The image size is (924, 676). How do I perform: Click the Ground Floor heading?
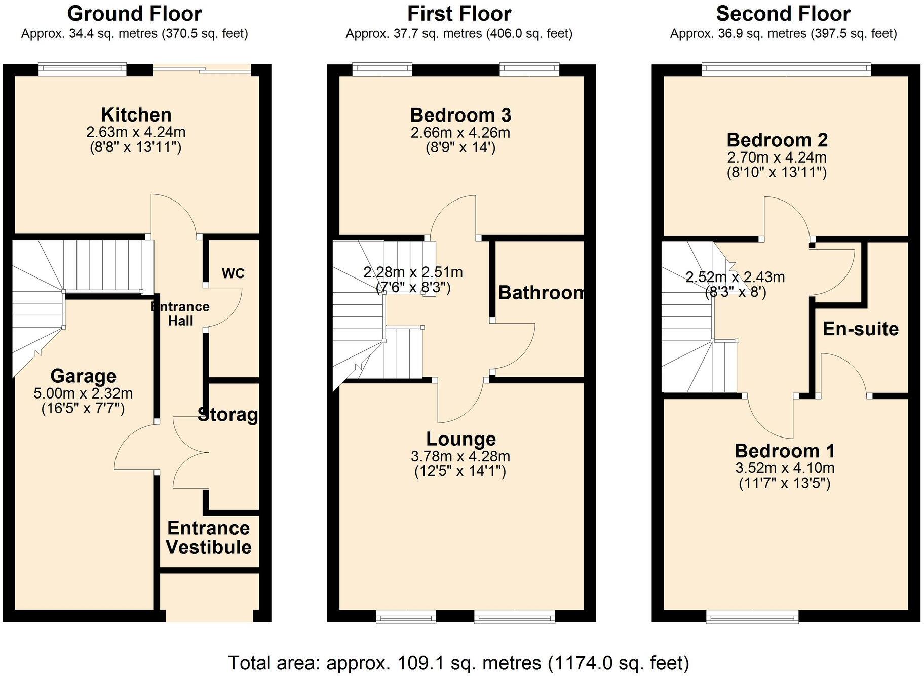pyautogui.click(x=134, y=14)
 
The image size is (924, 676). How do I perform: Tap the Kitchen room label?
pyautogui.click(x=136, y=115)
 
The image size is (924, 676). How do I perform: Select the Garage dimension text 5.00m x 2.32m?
pyautogui.click(x=83, y=393)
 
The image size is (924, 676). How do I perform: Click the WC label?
pyautogui.click(x=233, y=273)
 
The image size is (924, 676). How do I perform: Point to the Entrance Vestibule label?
pyautogui.click(x=209, y=538)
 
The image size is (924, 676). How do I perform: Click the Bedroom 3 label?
pyautogui.click(x=460, y=115)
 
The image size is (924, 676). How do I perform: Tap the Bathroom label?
pyautogui.click(x=541, y=293)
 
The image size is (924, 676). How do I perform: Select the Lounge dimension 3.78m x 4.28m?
pyautogui.click(x=460, y=456)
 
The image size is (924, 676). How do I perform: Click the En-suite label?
pyautogui.click(x=860, y=329)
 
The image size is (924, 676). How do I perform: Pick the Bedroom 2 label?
pyautogui.click(x=777, y=140)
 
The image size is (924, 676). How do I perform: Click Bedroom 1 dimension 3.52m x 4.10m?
pyautogui.click(x=784, y=468)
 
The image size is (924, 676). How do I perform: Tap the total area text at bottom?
pyautogui.click(x=458, y=662)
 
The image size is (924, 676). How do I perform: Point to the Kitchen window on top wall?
pyautogui.click(x=83, y=69)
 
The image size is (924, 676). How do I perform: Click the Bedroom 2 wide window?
pyautogui.click(x=786, y=69)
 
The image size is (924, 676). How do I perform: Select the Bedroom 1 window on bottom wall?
pyautogui.click(x=752, y=616)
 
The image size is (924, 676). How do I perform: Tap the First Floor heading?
pyautogui.click(x=459, y=14)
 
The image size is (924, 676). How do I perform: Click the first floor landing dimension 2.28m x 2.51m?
pyautogui.click(x=413, y=272)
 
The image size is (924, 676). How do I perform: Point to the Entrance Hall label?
pyautogui.click(x=180, y=313)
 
